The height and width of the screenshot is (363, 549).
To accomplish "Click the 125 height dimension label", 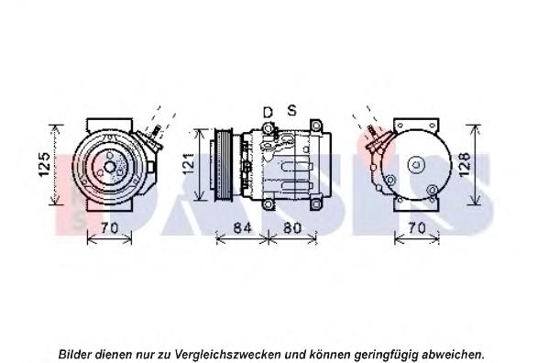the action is coord(45,164).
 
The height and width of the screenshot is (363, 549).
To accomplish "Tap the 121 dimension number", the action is coord(189,163).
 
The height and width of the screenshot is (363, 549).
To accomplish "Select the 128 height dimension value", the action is coord(465,164).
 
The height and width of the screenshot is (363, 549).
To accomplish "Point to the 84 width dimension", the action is coord(242,228).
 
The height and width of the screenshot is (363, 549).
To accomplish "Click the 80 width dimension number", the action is coord(292,228).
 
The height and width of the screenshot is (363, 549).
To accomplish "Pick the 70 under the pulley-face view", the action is coord(110,228).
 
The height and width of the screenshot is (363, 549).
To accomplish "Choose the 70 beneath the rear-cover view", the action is coord(417,228).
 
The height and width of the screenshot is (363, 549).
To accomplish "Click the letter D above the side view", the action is coord(268,113).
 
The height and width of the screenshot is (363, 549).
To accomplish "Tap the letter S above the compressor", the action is coord(291,110).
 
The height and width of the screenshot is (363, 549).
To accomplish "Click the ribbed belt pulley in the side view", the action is coord(223,165).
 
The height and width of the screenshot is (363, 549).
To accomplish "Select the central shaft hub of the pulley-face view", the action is coord(110,167).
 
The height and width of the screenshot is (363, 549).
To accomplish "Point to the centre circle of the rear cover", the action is coord(416,164).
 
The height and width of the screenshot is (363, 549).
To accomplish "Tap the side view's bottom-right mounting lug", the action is coord(316,204).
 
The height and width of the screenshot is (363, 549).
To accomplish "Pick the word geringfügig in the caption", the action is coord(386,355).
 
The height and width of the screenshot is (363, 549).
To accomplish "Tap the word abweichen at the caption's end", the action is coord(453,354).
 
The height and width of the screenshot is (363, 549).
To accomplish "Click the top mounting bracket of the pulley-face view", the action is coord(110,125).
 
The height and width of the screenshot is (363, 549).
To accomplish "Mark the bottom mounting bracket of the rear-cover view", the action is coord(416,204).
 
